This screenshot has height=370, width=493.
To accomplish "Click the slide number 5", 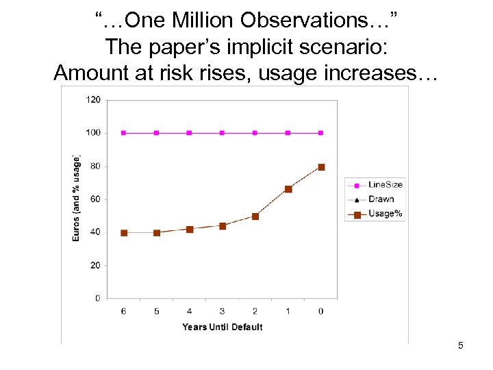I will (461, 345).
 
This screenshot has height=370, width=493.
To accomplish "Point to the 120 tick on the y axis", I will (93, 100).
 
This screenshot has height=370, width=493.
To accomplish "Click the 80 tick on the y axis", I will (95, 166).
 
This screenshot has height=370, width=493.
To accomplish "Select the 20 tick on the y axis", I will (95, 265).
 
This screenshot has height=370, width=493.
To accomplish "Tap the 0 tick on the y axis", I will (97, 298).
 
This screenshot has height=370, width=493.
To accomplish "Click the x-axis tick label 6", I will (124, 311).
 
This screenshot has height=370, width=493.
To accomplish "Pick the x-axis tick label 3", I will (223, 311).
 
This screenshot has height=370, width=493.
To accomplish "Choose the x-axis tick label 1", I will (288, 311).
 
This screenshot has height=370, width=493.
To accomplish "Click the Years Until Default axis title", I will (223, 327).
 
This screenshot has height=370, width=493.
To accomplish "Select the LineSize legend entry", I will (385, 184).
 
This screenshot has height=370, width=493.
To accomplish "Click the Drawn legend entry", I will (381, 199).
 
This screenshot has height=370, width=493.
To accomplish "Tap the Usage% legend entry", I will (385, 214).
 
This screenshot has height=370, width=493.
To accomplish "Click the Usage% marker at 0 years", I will (321, 167).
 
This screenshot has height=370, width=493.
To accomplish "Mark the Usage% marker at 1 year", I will (288, 189).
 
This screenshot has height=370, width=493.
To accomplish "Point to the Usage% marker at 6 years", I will (124, 233).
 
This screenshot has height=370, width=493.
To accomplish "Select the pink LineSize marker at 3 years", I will (223, 133).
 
